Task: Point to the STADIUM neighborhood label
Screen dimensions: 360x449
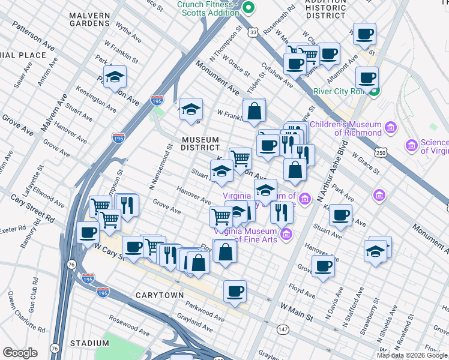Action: coord(89,343)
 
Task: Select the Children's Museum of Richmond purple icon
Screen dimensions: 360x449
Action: coord(391,128)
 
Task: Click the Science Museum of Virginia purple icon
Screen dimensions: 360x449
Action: coord(412,145)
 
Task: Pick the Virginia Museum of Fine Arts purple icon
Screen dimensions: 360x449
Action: coord(287,233)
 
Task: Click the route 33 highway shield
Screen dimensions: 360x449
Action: coord(254,31)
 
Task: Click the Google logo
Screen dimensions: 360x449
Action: coord(20,353)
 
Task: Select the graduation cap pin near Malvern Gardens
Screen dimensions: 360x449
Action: coord(115,77)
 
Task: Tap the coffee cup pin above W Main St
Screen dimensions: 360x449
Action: coord(235,292)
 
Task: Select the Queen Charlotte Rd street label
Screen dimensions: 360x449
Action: coord(19,311)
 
